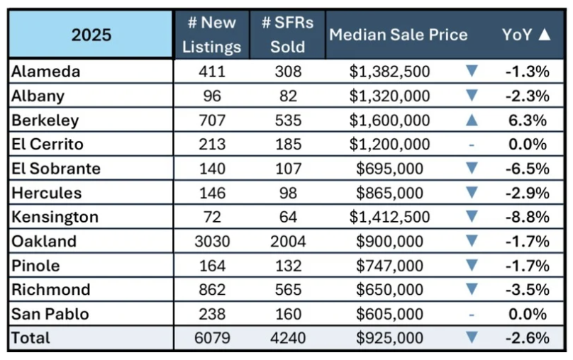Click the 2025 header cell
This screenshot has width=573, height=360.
(x=91, y=35)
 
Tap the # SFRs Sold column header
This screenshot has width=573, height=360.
(x=287, y=35)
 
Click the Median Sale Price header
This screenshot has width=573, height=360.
(x=399, y=35)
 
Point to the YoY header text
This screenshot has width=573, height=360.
(x=518, y=35)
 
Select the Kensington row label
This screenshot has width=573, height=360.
(x=55, y=217)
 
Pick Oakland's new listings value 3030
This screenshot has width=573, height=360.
(x=212, y=241)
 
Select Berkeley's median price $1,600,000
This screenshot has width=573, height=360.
(x=390, y=120)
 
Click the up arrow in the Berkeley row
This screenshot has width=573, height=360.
(x=472, y=120)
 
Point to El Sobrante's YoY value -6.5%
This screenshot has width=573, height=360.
(x=525, y=169)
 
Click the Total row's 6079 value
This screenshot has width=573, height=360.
(x=212, y=338)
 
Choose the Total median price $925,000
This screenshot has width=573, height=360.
(x=391, y=338)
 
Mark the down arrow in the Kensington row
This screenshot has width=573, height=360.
(x=472, y=217)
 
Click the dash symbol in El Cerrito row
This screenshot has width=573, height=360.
(x=472, y=145)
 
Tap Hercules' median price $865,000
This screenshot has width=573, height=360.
(x=391, y=193)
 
